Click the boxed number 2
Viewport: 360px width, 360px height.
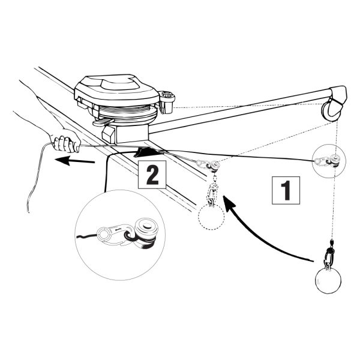pyautogui.click(x=152, y=175)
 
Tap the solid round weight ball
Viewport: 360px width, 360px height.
pyautogui.click(x=327, y=280)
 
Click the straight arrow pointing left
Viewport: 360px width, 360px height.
pyautogui.click(x=75, y=161)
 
